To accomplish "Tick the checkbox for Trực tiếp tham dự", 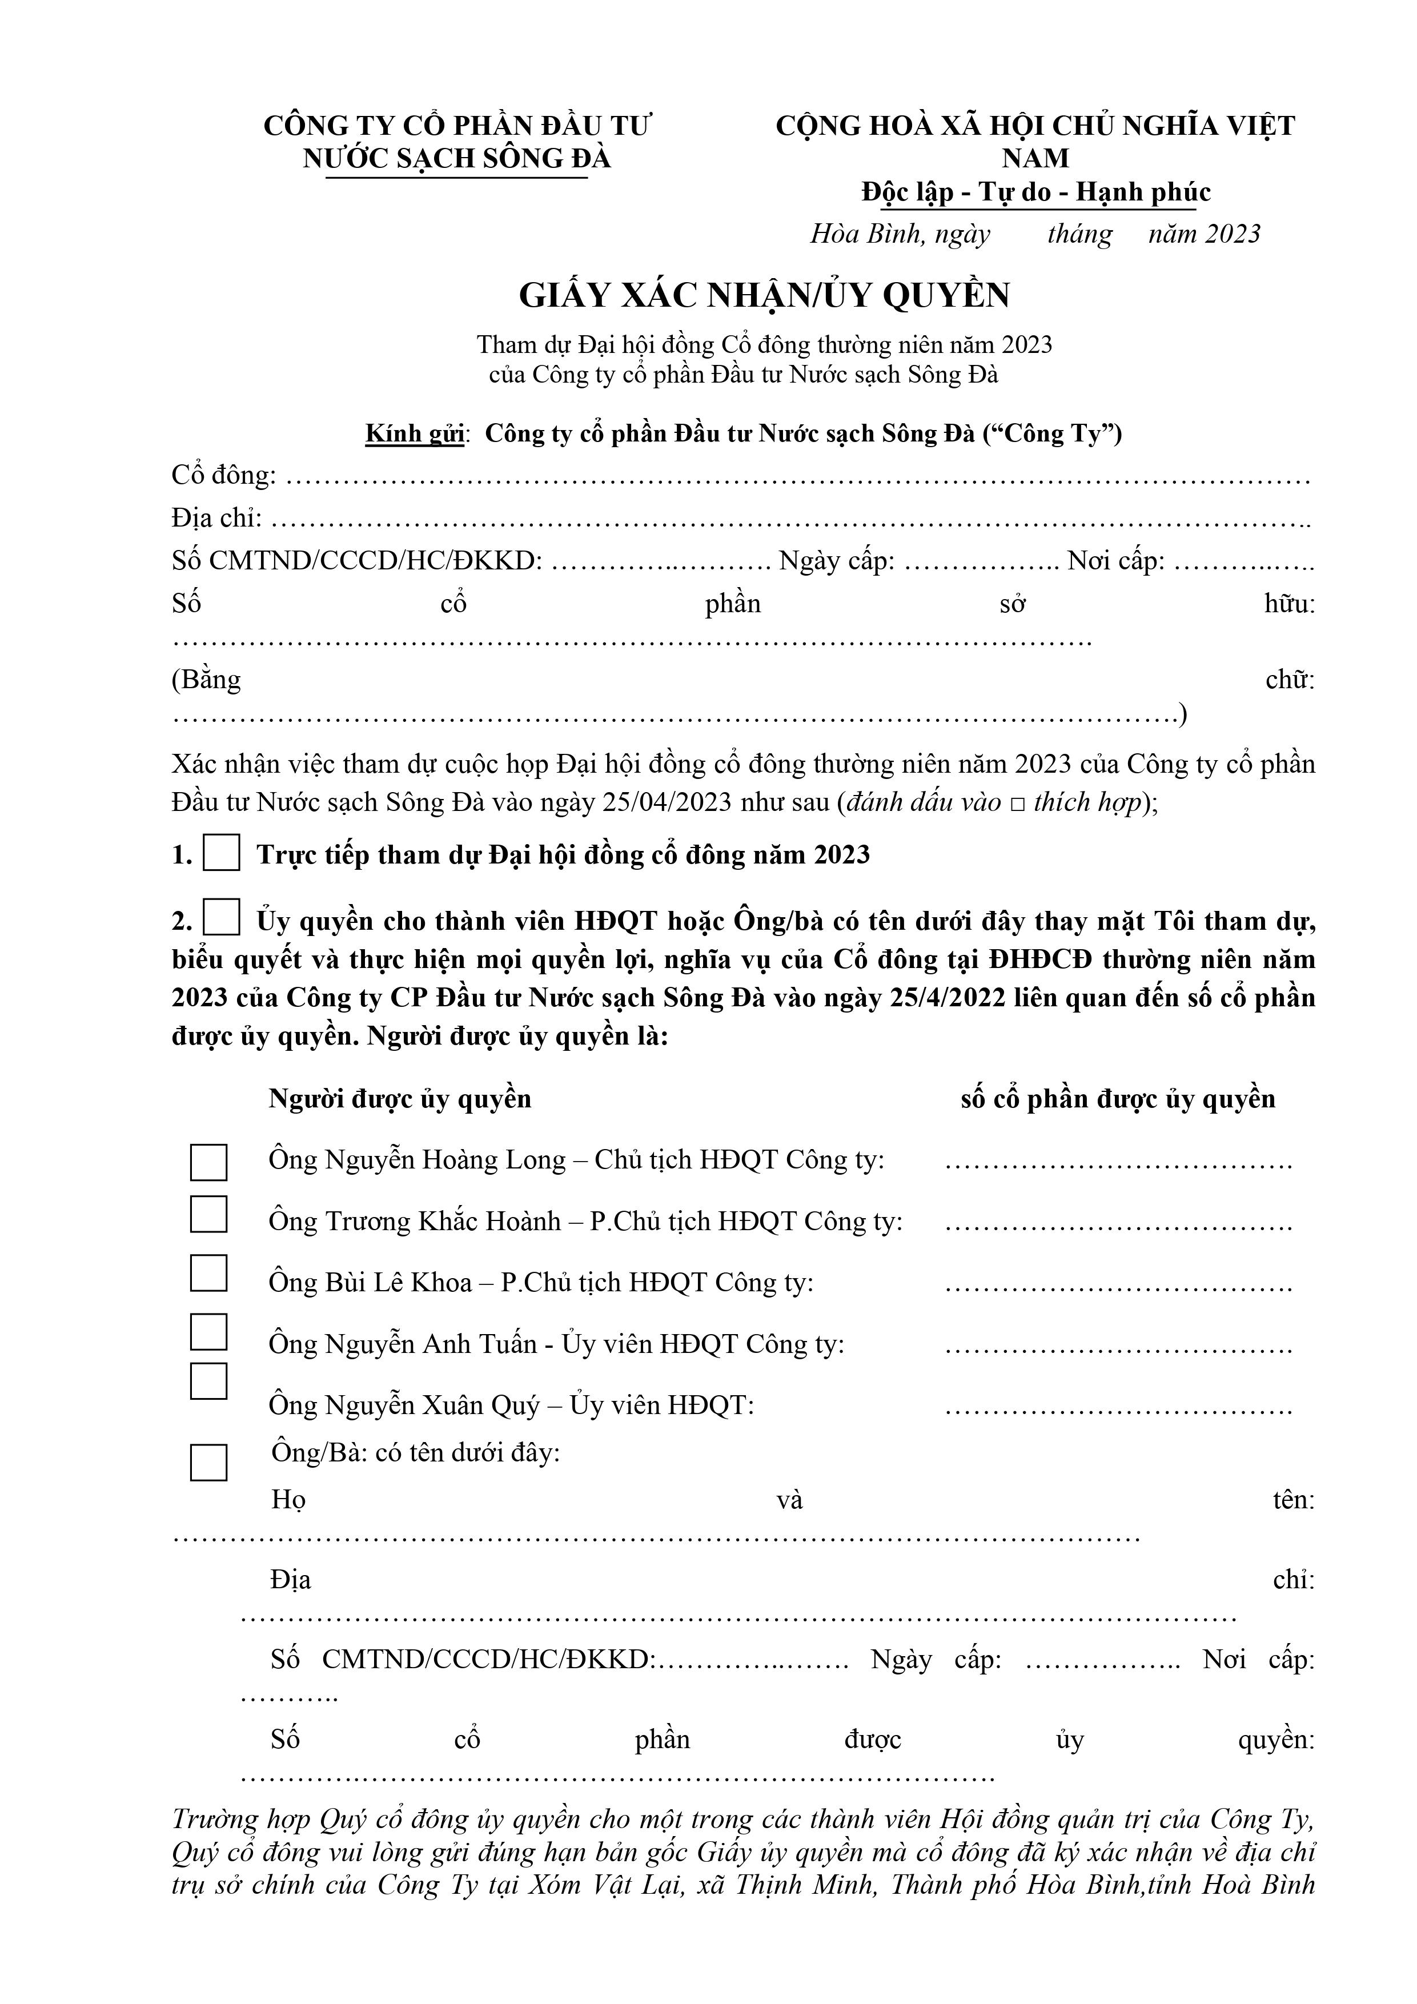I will (221, 853).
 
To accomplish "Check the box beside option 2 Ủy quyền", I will (221, 918).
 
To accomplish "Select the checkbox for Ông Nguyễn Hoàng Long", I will (208, 1162).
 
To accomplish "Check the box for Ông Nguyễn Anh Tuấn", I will (208, 1332).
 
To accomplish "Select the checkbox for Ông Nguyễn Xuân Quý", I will (208, 1381).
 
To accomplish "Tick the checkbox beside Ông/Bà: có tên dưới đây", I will (208, 1462).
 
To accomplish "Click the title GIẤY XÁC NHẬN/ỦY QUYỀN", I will (764, 296).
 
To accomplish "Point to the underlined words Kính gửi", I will (414, 434).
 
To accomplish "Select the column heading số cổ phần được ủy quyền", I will (1118, 1099).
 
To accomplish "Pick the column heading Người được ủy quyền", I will (400, 1099).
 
